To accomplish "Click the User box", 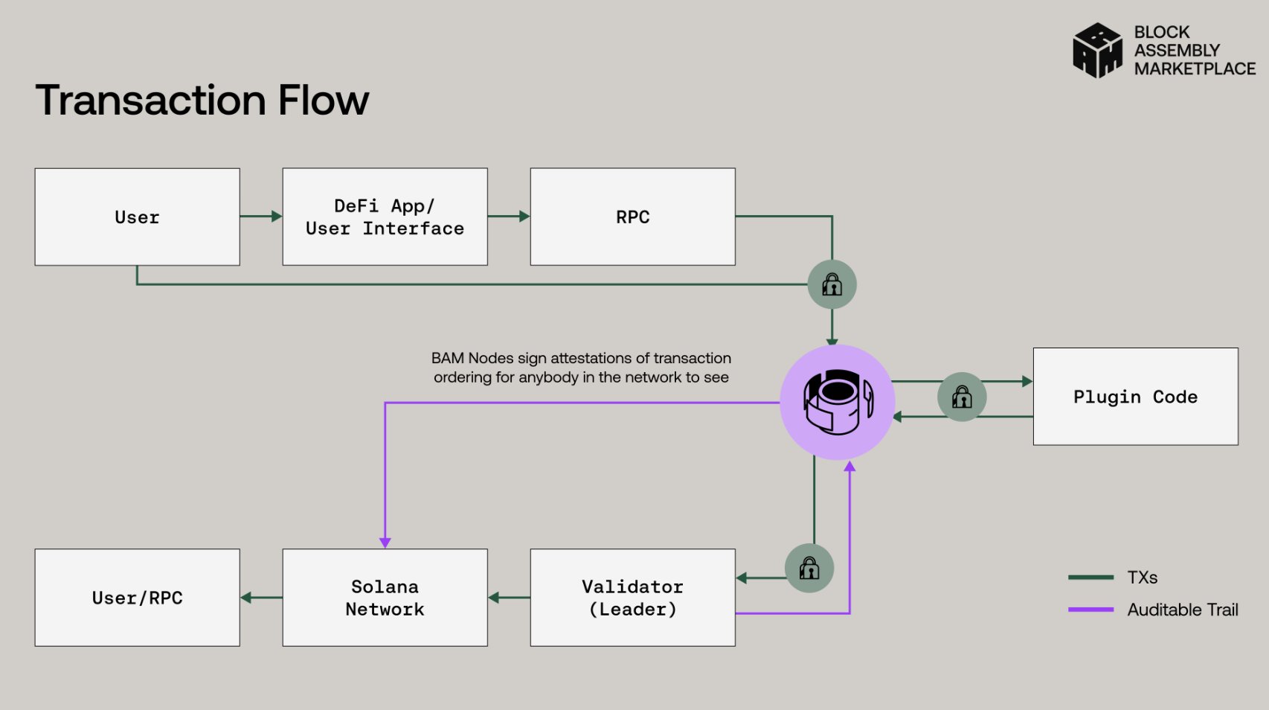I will (x=137, y=217).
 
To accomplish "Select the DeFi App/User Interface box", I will (x=385, y=217).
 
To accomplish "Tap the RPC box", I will (x=632, y=217).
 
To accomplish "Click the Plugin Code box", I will (x=1135, y=397).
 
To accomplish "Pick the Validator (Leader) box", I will (x=632, y=598).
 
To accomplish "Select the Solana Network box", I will (x=385, y=598).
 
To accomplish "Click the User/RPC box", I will (x=137, y=598).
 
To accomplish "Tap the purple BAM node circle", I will (x=838, y=402).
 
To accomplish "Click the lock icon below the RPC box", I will (x=832, y=284).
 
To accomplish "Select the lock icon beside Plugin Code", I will (x=962, y=397).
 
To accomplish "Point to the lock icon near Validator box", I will (x=809, y=569).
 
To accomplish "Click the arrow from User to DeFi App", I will (x=261, y=217).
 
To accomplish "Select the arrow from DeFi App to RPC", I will (x=509, y=217).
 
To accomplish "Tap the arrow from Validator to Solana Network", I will (x=509, y=598).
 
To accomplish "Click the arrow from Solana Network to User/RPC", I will (x=261, y=598).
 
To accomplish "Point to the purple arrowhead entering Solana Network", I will (x=385, y=543).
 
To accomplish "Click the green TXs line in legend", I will (x=1090, y=578).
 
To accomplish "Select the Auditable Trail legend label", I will (x=1182, y=610).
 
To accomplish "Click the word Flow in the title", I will (x=324, y=100).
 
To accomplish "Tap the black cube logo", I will (x=1097, y=51).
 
